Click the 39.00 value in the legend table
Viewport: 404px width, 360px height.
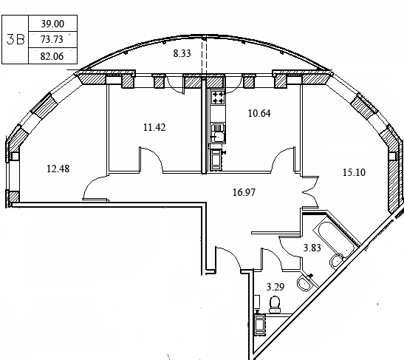coord(52,24)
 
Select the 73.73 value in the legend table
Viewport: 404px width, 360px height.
coord(52,39)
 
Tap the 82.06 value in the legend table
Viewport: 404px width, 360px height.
coord(52,56)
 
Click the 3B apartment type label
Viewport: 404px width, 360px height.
coord(16,40)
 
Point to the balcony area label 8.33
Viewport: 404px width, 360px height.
coord(182,53)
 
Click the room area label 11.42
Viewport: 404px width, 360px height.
coord(154,127)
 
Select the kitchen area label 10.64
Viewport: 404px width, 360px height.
coord(259,113)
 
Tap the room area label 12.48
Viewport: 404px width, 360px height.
coord(58,169)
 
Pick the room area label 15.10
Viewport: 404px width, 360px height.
coord(354,172)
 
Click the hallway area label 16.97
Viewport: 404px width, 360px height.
coord(244,192)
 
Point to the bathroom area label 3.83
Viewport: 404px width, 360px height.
coord(312,248)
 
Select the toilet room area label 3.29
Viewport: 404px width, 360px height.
coord(275,287)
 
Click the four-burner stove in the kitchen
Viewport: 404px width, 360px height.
coord(218,98)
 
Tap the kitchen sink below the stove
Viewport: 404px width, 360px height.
coord(218,133)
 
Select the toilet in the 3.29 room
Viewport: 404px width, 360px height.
coord(275,305)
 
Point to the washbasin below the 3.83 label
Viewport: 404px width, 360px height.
coord(305,283)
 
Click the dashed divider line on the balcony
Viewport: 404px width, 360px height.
coord(204,55)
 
